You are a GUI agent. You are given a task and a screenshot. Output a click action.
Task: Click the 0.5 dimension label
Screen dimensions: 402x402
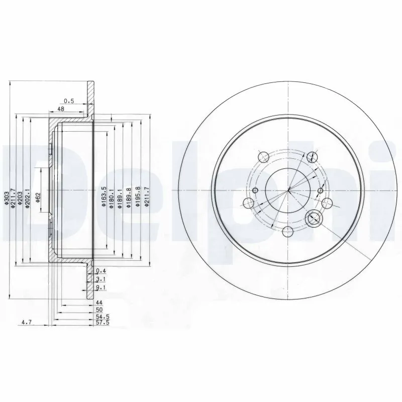pyautogui.click(x=69, y=101)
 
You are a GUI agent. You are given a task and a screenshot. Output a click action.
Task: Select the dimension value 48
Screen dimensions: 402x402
pyautogui.click(x=61, y=109)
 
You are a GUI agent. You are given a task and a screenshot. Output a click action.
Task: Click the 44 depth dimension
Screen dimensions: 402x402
pyautogui.click(x=99, y=303)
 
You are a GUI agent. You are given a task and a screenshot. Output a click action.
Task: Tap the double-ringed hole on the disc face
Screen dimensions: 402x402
pyautogui.click(x=314, y=218)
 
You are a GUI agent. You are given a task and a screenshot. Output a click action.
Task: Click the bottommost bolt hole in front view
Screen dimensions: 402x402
pyautogui.click(x=288, y=231)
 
